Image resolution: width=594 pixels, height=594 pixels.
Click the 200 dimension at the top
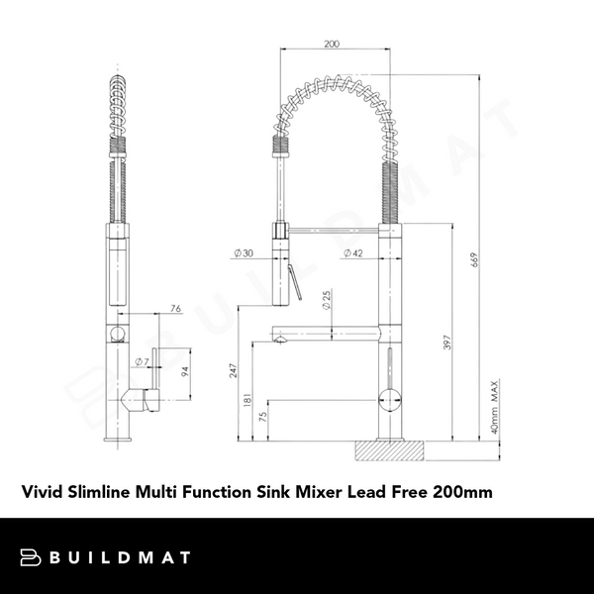(x=331, y=44)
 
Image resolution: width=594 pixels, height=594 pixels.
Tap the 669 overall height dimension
(x=475, y=259)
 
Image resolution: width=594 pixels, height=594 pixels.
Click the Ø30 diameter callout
(x=244, y=253)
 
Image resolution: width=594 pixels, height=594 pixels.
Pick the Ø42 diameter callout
(x=351, y=253)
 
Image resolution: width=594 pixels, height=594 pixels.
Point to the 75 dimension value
(x=263, y=418)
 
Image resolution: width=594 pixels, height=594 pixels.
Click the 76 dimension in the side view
(x=175, y=309)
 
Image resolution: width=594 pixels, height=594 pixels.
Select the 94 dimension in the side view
(x=184, y=372)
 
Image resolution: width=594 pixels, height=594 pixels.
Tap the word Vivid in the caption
(x=44, y=491)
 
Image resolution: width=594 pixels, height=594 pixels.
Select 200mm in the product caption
(x=461, y=491)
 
